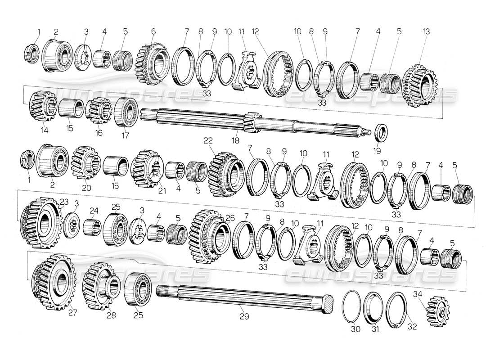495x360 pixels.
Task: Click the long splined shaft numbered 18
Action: click(x=252, y=121)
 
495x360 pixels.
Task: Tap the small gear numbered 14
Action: click(x=43, y=107)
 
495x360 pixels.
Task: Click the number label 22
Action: click(x=208, y=140)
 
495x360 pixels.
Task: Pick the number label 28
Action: click(x=111, y=315)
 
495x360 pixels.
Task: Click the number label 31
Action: click(x=375, y=329)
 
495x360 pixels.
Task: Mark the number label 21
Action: click(x=162, y=190)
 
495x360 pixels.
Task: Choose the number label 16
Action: click(x=99, y=133)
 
